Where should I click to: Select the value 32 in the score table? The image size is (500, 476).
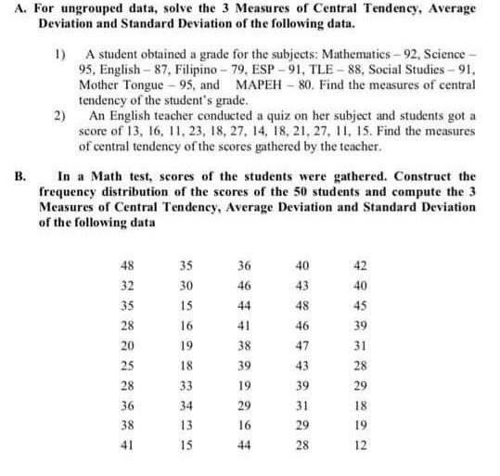pos(128,285)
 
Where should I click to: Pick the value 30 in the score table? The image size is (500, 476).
pos(186,285)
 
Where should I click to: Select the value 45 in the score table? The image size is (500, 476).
pos(360,304)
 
